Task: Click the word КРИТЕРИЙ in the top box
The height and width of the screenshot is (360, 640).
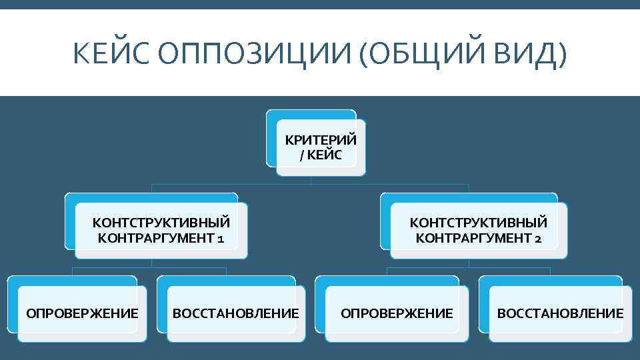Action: click(x=321, y=141)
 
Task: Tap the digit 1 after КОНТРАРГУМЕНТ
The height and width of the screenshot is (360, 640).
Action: click(x=220, y=238)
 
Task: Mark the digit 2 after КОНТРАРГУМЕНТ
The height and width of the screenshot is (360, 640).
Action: click(x=537, y=238)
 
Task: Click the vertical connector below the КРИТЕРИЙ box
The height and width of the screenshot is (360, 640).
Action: click(x=311, y=180)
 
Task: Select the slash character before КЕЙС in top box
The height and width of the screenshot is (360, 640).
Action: click(x=302, y=155)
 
